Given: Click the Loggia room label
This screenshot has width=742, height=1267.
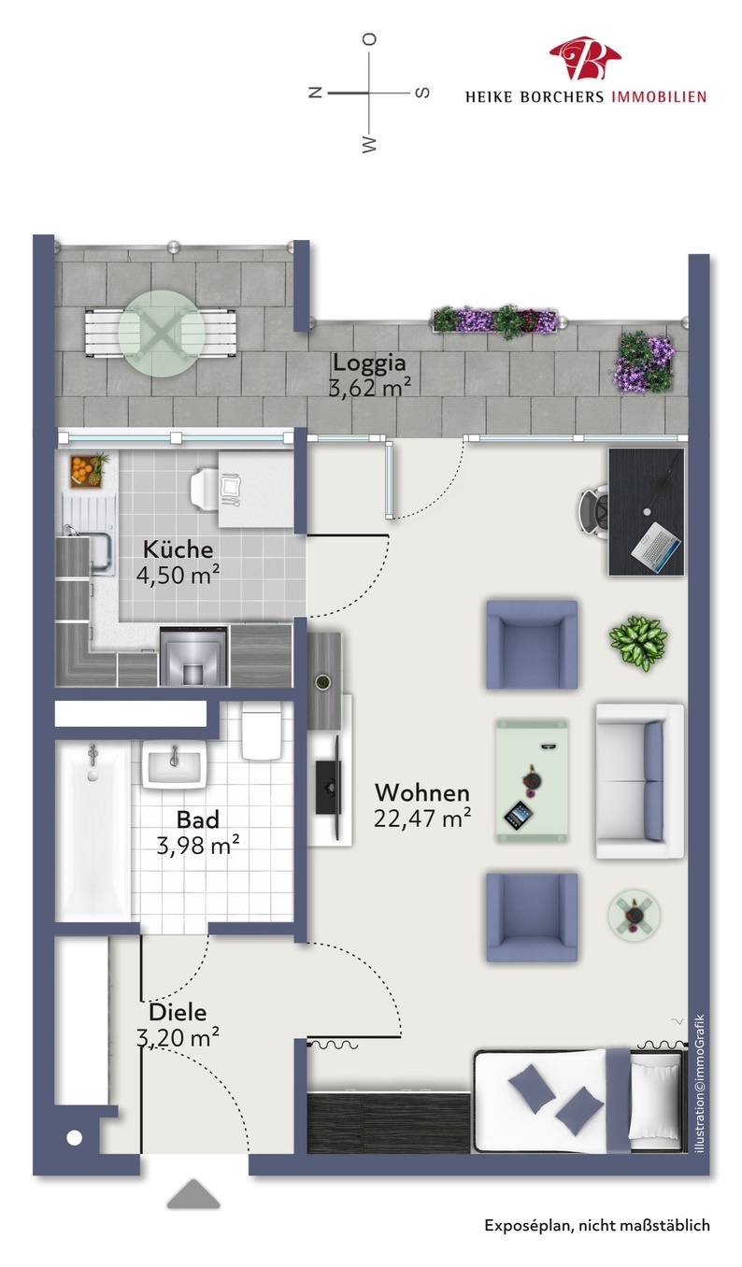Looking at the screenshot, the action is [x=369, y=362].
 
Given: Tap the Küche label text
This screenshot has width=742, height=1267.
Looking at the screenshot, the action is [x=178, y=549].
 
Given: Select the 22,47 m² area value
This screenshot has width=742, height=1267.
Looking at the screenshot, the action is [x=421, y=818].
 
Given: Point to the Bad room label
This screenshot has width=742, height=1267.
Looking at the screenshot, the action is [x=197, y=819].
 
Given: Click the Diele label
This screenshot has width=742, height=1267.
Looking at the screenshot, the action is [x=178, y=1012].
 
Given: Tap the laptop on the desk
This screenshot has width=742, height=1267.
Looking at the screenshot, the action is [x=656, y=547].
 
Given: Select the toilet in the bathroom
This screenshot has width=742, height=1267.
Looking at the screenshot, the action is [x=262, y=731].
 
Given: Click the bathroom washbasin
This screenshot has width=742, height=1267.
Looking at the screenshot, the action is [x=174, y=764].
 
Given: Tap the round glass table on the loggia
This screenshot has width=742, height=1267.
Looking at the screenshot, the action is [x=163, y=334].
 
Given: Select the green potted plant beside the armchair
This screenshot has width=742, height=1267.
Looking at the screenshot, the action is [x=638, y=643].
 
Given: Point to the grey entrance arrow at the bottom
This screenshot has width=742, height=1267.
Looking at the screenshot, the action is [x=193, y=1193].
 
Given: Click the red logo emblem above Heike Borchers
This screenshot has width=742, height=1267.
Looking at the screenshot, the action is [x=585, y=57].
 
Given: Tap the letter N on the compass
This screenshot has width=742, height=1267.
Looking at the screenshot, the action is [x=315, y=93].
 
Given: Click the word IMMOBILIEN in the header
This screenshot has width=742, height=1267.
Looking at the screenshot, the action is [x=659, y=97].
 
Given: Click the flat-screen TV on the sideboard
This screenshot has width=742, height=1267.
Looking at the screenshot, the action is [x=330, y=787].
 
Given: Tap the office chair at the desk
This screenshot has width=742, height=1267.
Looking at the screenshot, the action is [x=594, y=511].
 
